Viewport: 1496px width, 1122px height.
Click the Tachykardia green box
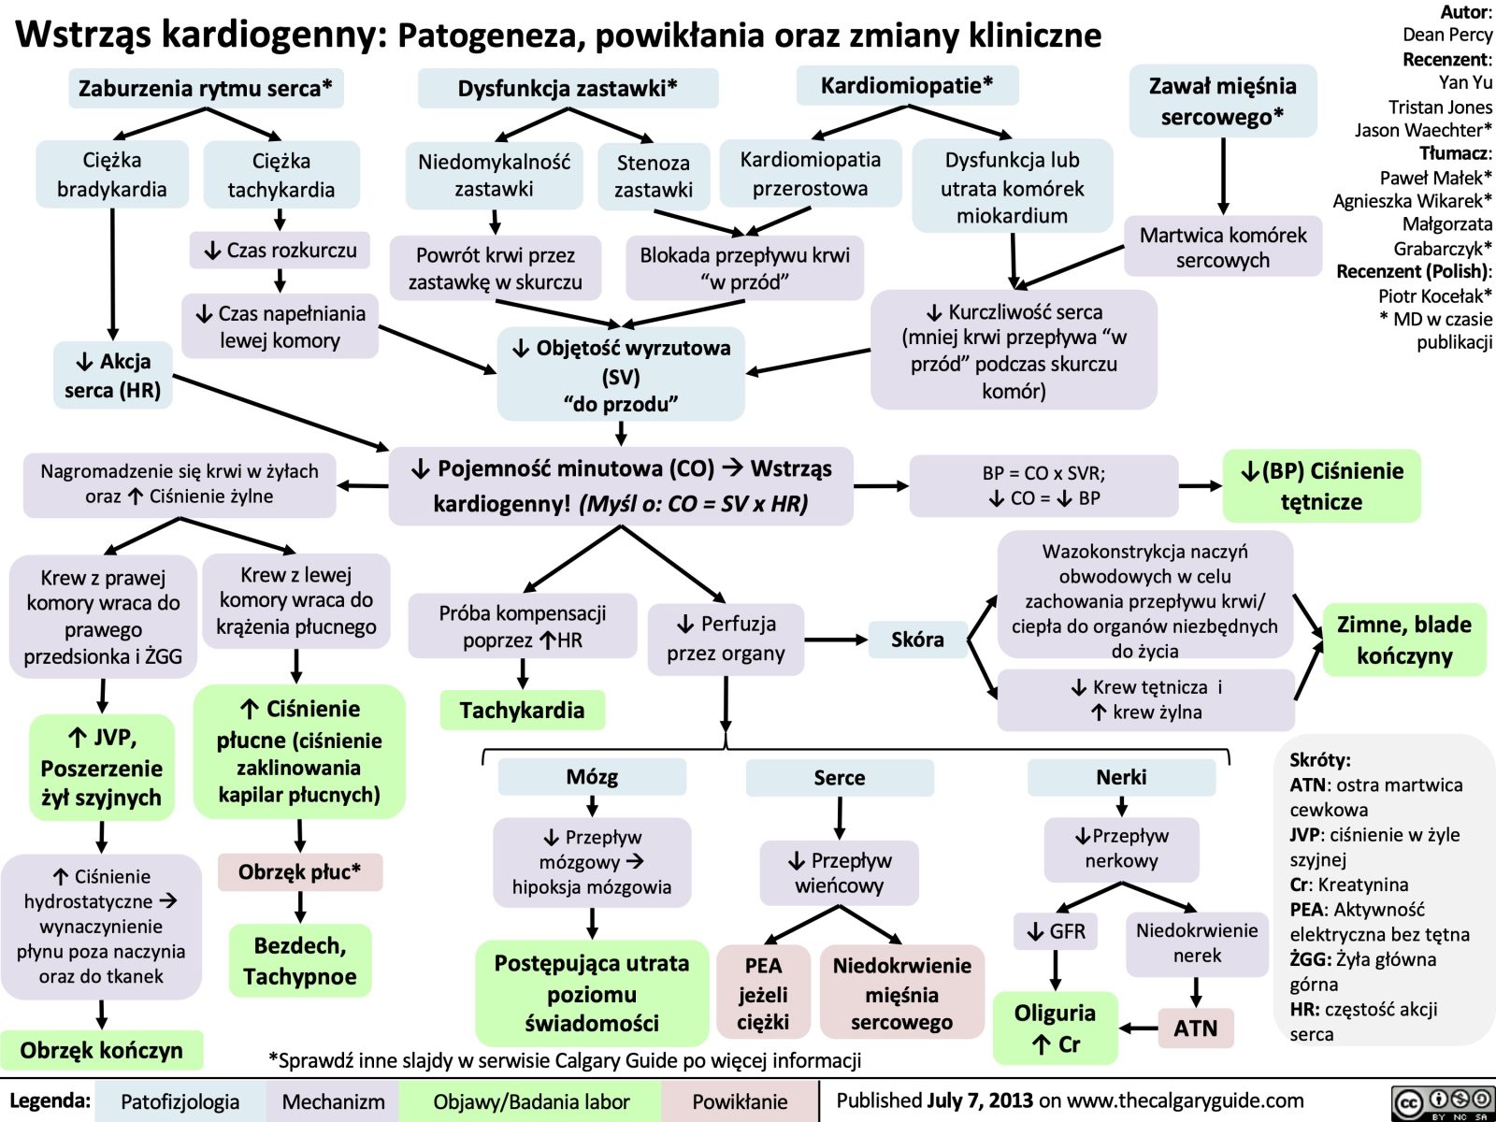522,711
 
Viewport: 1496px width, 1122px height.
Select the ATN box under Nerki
1196,1028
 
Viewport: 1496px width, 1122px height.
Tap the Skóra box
917,640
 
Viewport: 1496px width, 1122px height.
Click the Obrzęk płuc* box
299,872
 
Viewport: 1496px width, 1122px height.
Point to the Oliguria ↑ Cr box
1055,1028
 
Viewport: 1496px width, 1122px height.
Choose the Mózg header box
592,777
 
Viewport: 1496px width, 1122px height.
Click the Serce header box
840,778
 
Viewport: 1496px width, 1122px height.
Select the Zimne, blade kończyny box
1403,640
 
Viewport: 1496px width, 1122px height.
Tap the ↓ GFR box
1056,931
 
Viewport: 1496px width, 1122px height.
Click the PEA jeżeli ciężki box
763,993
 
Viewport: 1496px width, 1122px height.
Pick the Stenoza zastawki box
654,176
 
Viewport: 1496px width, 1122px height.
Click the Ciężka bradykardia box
112,175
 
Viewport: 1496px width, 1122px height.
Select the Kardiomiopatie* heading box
907,86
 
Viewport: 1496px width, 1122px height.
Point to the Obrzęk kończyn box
102,1050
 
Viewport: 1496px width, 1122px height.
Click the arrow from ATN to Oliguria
1139,1028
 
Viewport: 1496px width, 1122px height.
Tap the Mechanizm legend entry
333,1101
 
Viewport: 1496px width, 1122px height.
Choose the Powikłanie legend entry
740,1101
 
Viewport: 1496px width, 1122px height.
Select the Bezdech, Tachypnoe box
300,961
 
